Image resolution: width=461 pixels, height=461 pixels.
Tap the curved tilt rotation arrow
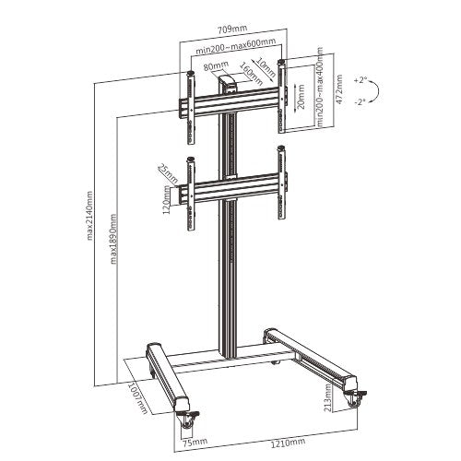coord(372,90)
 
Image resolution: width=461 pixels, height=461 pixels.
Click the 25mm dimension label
coord(166,171)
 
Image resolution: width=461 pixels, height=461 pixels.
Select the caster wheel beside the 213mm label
coord(355,399)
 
